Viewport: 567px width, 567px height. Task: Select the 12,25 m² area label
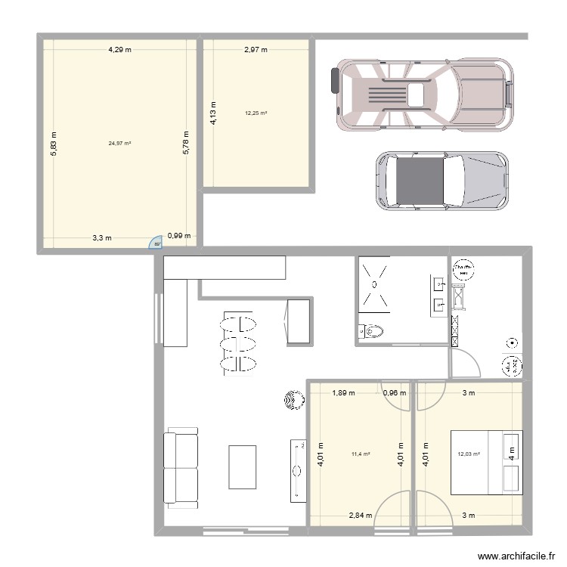(x=256, y=113)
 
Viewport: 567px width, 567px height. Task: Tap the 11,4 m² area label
(x=360, y=454)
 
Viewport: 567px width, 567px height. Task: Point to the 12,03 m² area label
(x=469, y=454)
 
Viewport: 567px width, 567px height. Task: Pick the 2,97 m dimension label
(x=256, y=51)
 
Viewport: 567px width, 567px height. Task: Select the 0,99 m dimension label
(x=179, y=237)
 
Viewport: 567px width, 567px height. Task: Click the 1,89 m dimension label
(x=344, y=392)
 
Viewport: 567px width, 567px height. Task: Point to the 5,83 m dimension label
(x=52, y=142)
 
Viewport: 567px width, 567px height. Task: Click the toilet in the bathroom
(x=373, y=330)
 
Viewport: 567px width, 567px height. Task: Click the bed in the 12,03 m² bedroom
(x=487, y=463)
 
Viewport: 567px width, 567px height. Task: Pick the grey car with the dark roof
(x=442, y=180)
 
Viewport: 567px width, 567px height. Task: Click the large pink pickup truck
(x=423, y=94)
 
